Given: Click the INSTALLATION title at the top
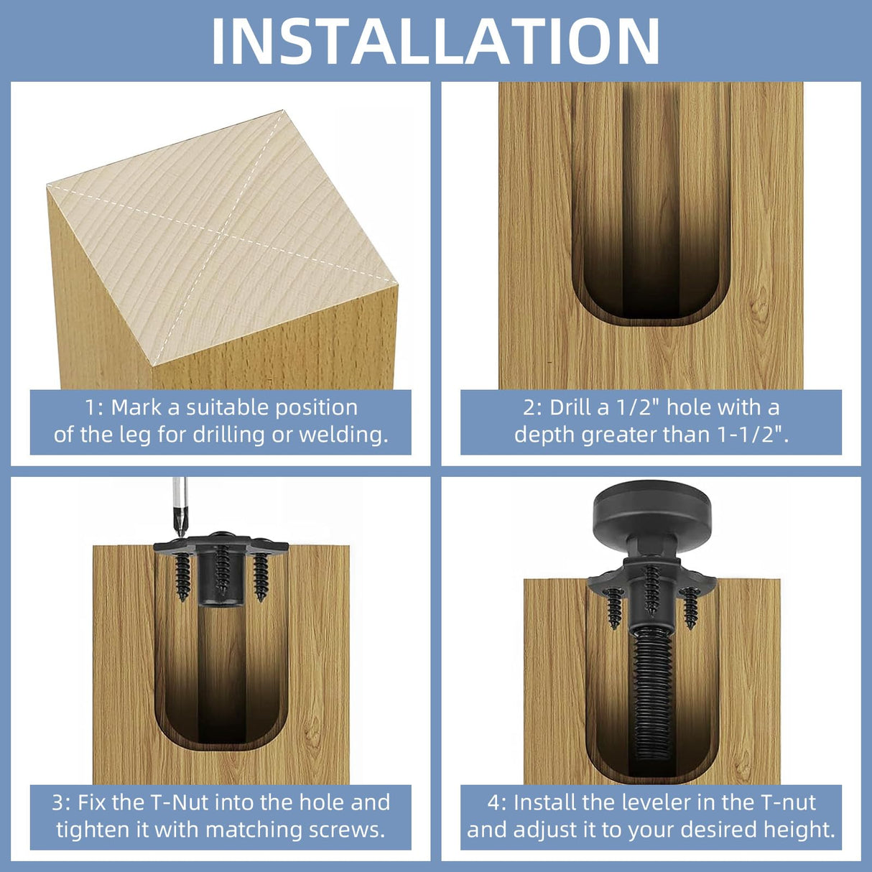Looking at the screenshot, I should (x=435, y=41).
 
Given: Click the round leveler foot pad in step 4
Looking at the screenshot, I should (x=651, y=511).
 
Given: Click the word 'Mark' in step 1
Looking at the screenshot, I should (x=136, y=408).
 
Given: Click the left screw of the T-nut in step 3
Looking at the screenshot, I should (x=183, y=575).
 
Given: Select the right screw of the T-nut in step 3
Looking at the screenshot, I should (x=260, y=575).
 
